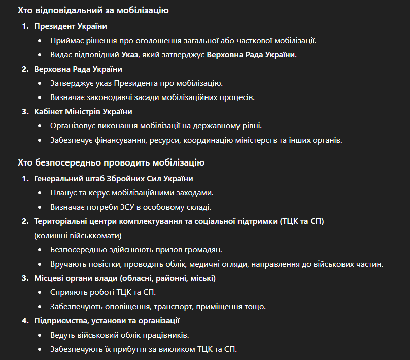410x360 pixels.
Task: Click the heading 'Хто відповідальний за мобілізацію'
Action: (93, 10)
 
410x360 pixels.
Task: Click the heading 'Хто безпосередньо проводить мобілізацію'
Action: (111, 163)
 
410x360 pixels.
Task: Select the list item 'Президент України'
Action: (70, 26)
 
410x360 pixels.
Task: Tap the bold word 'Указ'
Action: (129, 55)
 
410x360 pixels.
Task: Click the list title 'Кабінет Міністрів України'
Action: (83, 112)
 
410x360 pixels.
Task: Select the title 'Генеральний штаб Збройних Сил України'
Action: (113, 179)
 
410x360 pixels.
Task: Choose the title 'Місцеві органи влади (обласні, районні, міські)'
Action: (125, 278)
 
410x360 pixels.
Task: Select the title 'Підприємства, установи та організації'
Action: (107, 321)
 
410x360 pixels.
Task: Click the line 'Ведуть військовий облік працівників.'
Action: (120, 335)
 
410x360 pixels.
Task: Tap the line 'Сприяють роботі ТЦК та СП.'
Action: (102, 292)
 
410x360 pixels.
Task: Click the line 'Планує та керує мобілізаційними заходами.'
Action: (131, 193)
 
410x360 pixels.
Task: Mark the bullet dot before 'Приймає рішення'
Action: (41, 41)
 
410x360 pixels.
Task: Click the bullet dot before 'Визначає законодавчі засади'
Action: (41, 97)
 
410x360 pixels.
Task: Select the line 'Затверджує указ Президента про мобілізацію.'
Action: (136, 83)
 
